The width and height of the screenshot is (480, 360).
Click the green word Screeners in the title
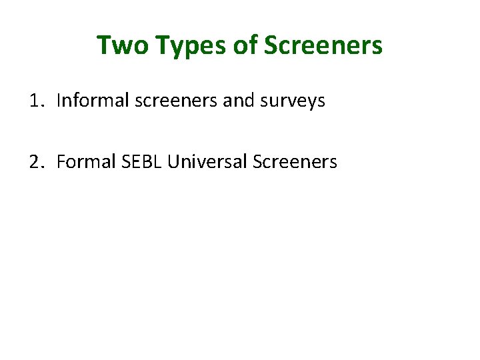coord(323,46)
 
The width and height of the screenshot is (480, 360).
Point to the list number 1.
coord(35,101)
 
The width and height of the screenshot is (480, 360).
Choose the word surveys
coord(293,101)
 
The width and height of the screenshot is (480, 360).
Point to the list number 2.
coord(36,162)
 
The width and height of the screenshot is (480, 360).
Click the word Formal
coord(81,162)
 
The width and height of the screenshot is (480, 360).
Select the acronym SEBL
coord(137,162)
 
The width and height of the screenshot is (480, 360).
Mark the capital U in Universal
coord(173,162)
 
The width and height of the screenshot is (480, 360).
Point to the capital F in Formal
coord(61,162)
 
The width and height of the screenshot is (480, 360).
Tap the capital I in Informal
coord(59,101)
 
